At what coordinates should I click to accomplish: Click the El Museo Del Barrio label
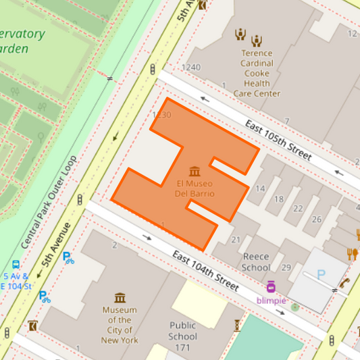pyautogui.click(x=195, y=188)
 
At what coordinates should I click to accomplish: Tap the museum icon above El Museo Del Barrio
pyautogui.click(x=195, y=171)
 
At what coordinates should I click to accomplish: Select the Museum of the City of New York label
pyautogui.click(x=120, y=325)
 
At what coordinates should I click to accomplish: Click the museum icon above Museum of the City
pyautogui.click(x=120, y=298)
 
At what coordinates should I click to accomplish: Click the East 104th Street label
pyautogui.click(x=205, y=271)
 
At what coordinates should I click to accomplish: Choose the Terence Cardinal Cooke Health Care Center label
pyautogui.click(x=256, y=73)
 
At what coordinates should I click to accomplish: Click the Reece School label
pyautogui.click(x=256, y=262)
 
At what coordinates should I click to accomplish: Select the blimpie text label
pyautogui.click(x=272, y=300)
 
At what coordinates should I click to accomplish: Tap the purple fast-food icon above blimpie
pyautogui.click(x=271, y=286)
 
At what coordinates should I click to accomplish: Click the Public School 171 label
pyautogui.click(x=182, y=336)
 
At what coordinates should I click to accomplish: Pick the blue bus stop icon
pyautogui.click(x=16, y=265)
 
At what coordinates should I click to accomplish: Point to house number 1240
pyautogui.click(x=191, y=67)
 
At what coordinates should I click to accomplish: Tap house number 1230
pyautogui.click(x=162, y=115)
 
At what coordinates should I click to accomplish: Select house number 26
pyautogui.click(x=317, y=220)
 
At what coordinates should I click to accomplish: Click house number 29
pyautogui.click(x=286, y=268)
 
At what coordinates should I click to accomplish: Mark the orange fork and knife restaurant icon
pyautogui.click(x=351, y=254)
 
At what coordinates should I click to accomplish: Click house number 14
pyautogui.click(x=260, y=188)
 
